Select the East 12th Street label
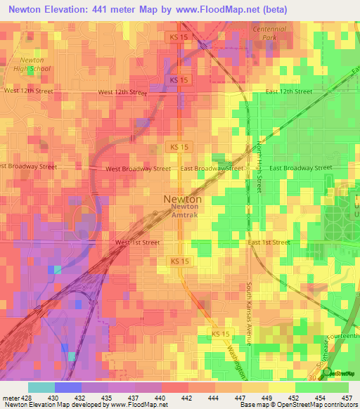click(288, 91)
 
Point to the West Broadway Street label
click(138, 169)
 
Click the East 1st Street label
click(269, 242)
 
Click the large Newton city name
click(183, 199)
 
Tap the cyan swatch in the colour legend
click(41, 387)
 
